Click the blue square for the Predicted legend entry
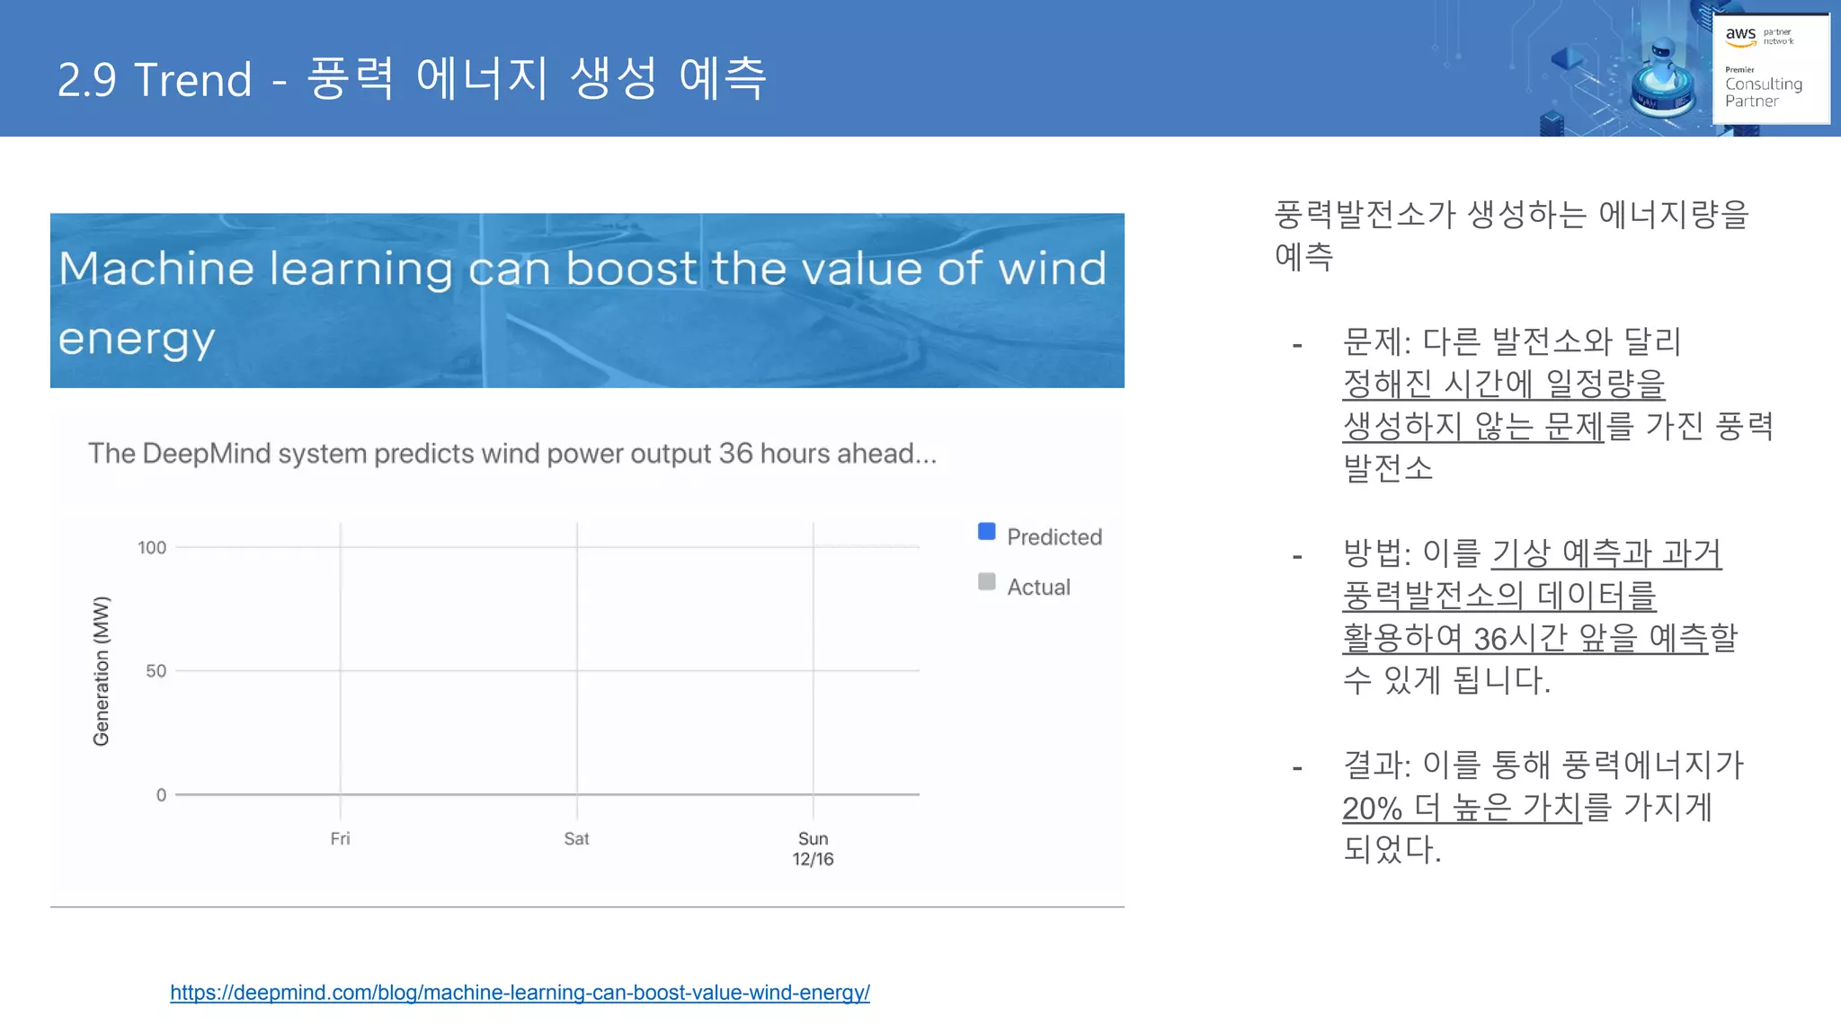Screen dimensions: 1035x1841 point(986,531)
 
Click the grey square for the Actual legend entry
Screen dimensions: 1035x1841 point(986,581)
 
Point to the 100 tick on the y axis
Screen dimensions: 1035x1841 point(152,547)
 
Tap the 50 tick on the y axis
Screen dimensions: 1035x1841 point(156,671)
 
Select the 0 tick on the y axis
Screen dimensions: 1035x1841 point(161,795)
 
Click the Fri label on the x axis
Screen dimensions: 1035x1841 point(340,838)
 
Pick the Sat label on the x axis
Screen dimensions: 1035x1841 point(576,838)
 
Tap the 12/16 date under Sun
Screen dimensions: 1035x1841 point(813,859)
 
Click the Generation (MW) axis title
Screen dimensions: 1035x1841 point(101,670)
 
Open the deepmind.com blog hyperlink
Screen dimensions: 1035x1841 point(520,993)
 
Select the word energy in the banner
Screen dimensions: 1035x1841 point(137,340)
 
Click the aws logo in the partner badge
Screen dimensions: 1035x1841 point(1740,36)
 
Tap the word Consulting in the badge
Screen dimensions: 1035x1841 point(1763,84)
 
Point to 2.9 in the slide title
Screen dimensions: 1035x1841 point(87,80)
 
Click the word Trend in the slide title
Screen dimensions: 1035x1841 point(193,80)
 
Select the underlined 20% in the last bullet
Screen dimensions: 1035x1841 point(1372,808)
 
